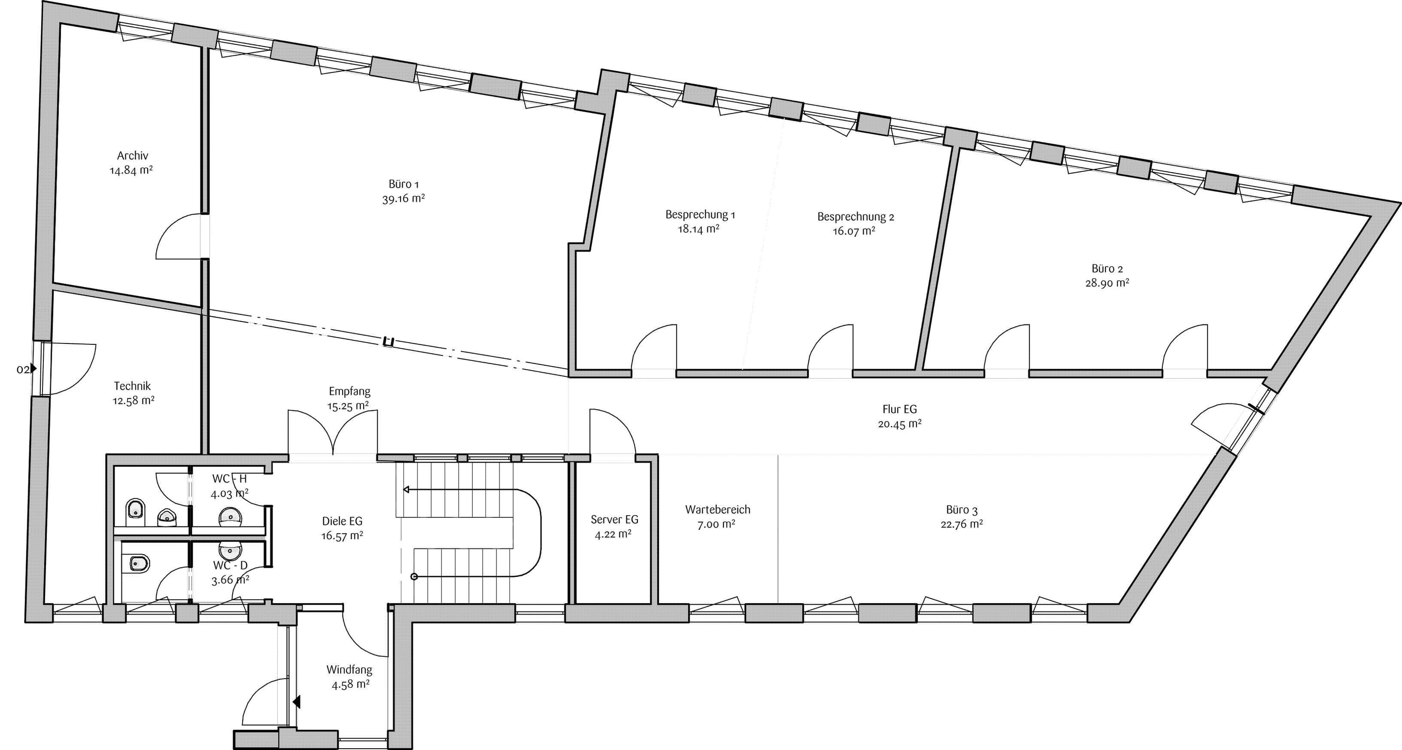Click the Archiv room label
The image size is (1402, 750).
(x=132, y=156)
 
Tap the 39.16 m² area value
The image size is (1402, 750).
(x=403, y=198)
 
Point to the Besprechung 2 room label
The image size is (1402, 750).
(x=856, y=216)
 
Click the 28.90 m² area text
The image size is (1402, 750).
(x=1107, y=283)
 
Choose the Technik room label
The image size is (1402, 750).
(x=132, y=386)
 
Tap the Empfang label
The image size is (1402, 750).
(x=350, y=391)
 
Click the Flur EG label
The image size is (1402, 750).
(x=899, y=409)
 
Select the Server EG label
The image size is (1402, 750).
(x=614, y=520)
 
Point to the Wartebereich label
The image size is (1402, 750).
(x=717, y=510)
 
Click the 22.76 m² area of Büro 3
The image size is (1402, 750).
(x=962, y=524)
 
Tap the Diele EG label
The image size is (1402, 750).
(x=342, y=521)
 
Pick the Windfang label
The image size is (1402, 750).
(x=350, y=670)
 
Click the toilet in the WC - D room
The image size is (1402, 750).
(x=139, y=563)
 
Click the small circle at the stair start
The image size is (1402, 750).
(x=414, y=577)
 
